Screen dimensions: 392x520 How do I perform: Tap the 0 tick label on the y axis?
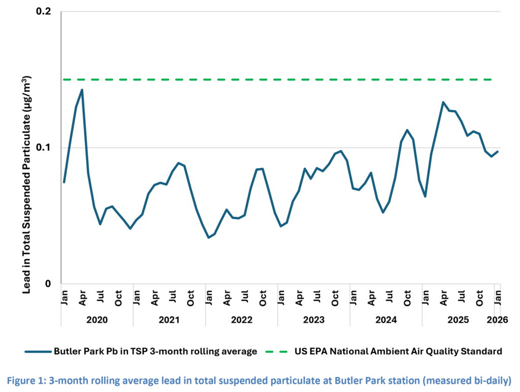[x=50, y=284]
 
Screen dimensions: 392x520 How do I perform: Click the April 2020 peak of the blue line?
[x=82, y=90]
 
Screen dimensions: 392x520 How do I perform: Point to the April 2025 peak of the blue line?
[x=443, y=102]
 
